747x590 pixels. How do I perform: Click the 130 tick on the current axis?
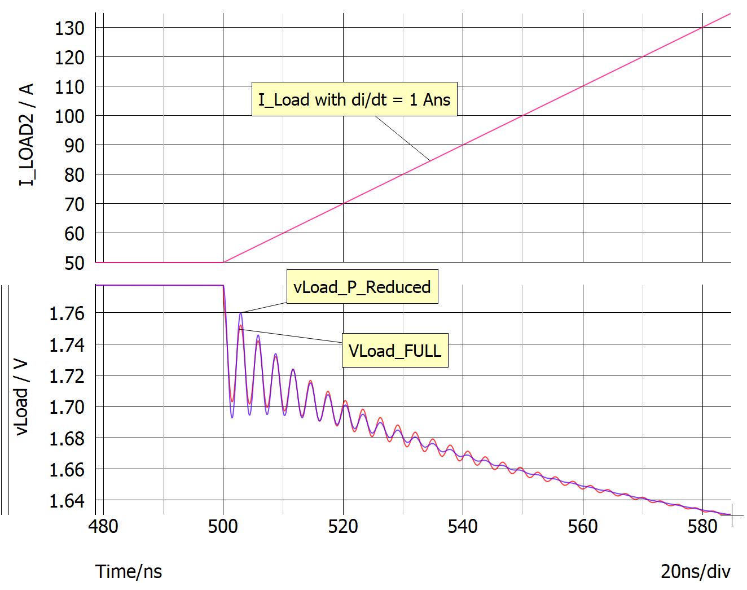(x=69, y=28)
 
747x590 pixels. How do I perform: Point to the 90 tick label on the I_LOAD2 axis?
(x=74, y=145)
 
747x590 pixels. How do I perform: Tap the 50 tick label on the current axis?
(x=74, y=263)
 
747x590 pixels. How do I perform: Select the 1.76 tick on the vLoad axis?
(x=67, y=313)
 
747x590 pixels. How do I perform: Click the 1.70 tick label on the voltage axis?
(x=67, y=407)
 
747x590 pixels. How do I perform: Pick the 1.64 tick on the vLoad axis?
(x=67, y=500)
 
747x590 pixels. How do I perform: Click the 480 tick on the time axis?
(x=103, y=526)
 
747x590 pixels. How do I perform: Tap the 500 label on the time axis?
(x=223, y=526)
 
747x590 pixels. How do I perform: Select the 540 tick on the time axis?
(x=463, y=526)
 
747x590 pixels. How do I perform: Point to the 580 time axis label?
(x=702, y=526)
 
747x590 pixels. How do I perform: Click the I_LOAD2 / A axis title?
(x=27, y=134)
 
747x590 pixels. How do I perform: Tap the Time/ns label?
(x=129, y=571)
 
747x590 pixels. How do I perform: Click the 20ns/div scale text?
(x=695, y=571)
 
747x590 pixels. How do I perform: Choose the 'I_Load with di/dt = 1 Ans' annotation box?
(x=354, y=100)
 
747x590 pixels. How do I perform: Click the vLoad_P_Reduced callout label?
(x=362, y=287)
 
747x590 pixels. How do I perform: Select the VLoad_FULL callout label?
(x=395, y=351)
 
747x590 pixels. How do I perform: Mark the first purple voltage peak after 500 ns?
(x=241, y=313)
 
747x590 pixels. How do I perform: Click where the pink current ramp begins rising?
(x=223, y=262)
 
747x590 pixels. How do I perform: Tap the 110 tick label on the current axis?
(x=69, y=86)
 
